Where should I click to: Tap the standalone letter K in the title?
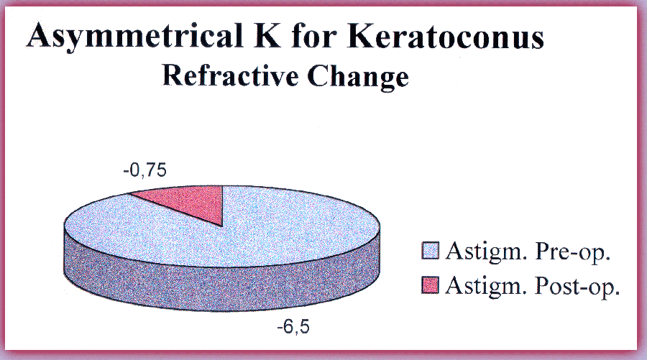(267, 35)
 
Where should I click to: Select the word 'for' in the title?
(313, 35)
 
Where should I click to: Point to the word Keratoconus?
(446, 35)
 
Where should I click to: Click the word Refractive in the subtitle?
(230, 75)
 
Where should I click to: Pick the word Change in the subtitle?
(358, 77)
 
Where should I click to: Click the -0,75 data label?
(144, 170)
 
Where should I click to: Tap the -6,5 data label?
(293, 327)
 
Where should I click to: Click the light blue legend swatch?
(430, 251)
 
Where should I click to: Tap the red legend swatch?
(430, 285)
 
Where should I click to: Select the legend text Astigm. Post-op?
(533, 286)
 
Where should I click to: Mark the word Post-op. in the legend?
(577, 286)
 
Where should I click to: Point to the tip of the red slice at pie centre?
(222, 226)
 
